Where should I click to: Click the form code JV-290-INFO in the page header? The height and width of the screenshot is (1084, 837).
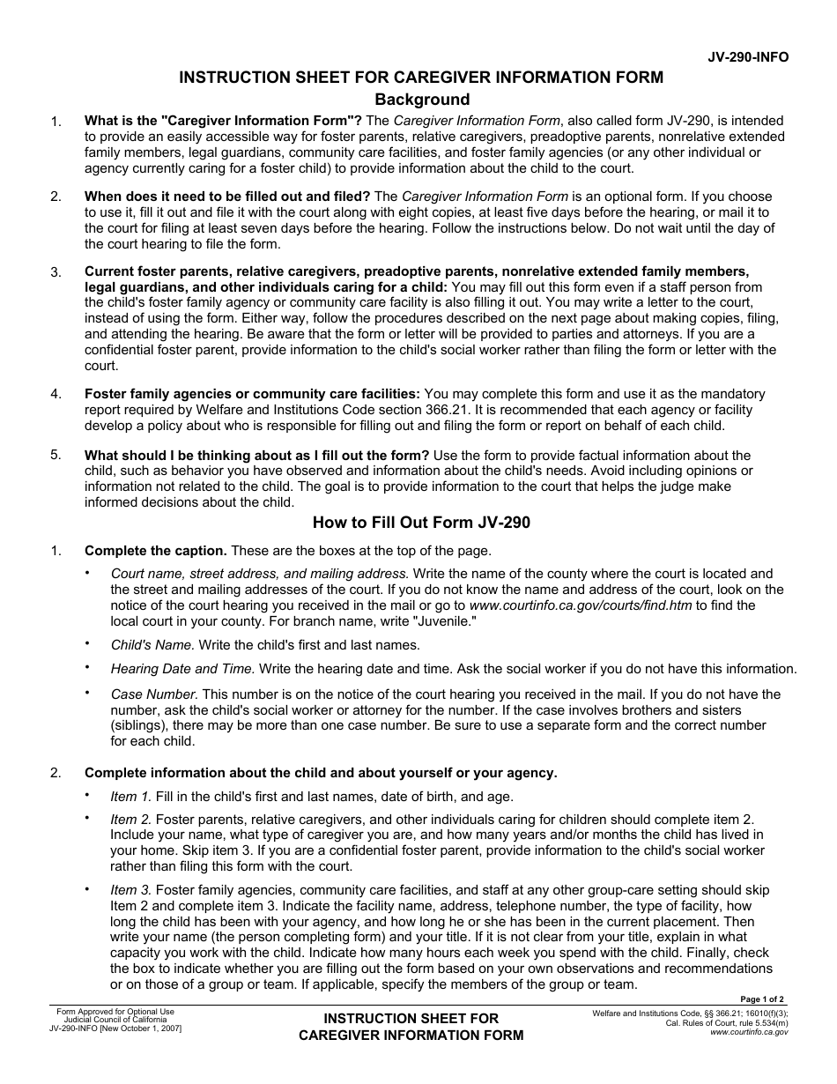point(748,57)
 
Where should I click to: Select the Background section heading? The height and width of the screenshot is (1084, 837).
point(422,100)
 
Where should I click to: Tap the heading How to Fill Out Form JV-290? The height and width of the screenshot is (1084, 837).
point(421,523)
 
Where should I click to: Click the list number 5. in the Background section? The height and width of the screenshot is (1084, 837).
point(56,455)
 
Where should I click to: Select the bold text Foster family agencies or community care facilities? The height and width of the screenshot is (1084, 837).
point(252,394)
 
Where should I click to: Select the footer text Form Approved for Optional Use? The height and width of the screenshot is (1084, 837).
point(115,1012)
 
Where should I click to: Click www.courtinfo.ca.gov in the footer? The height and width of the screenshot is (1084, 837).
point(749,1031)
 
